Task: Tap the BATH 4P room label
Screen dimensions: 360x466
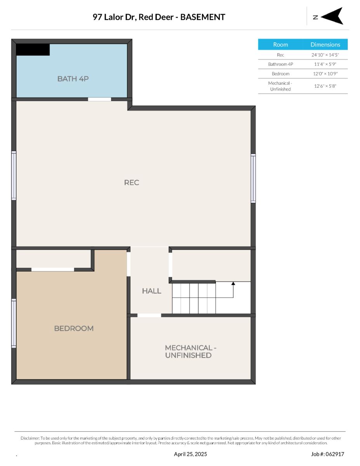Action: coord(73,79)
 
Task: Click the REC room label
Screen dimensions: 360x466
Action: coord(131,183)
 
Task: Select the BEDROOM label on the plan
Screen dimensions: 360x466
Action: coord(74,328)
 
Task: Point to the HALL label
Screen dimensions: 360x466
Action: coord(151,291)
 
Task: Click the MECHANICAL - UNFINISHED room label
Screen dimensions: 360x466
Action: coord(191,351)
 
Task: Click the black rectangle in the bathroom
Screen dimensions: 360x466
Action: coord(33,50)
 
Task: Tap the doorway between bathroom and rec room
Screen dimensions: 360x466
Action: coord(99,99)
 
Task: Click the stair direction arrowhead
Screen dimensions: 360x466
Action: coord(233,283)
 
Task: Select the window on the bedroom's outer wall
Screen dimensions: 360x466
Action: coord(14,323)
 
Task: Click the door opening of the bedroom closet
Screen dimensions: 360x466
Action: coord(53,270)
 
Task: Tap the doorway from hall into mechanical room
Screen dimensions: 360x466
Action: coord(149,315)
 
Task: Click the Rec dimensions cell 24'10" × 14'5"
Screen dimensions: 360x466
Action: coord(325,55)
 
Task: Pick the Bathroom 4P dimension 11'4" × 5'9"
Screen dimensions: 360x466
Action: coord(325,64)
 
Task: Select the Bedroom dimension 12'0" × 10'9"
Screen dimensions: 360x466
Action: coord(325,74)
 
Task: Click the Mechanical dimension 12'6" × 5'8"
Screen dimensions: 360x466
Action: coord(325,86)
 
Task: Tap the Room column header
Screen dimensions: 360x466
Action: coord(280,45)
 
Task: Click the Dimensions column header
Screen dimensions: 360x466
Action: coord(325,45)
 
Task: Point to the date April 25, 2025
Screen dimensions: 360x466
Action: coord(190,454)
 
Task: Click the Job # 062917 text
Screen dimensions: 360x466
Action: coord(328,454)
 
